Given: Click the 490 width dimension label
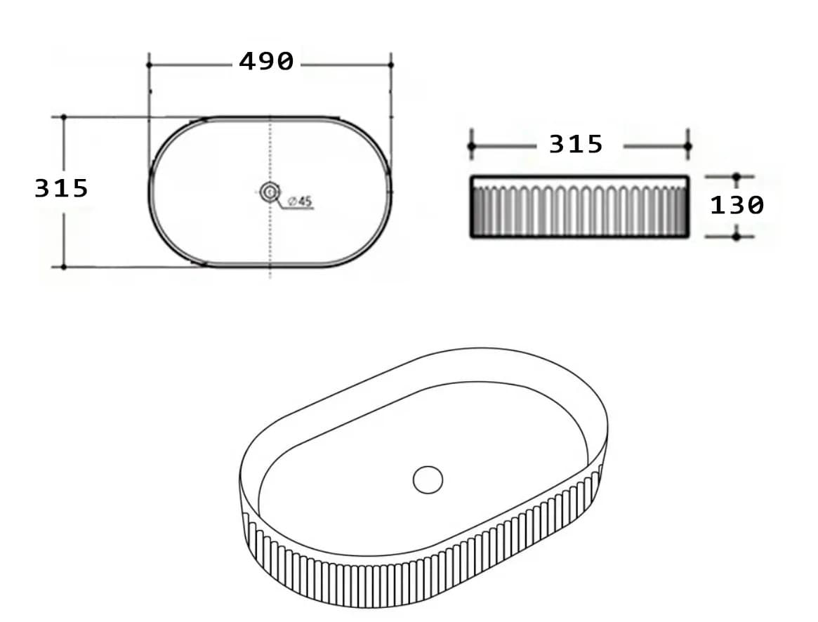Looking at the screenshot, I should point(266,62).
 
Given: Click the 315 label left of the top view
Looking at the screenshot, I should point(62,188).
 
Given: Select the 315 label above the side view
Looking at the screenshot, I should point(575,145).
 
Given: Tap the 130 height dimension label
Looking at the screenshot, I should point(737,206).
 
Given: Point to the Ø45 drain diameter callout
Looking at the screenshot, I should point(300,201).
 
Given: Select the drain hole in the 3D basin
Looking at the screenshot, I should point(428,479).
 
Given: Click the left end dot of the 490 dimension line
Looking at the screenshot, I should point(149,65).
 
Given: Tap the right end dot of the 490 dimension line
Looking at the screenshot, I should point(390,65).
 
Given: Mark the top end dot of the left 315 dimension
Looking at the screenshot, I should point(63,117).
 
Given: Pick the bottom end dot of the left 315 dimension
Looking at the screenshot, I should point(63,267).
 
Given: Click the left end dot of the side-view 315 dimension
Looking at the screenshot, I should point(472,146).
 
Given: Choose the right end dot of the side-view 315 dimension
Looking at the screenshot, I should point(687,146).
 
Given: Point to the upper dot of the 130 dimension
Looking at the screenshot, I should point(736,176).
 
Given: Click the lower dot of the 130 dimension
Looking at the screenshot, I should point(736,237).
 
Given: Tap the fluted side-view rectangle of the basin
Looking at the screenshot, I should point(579,208).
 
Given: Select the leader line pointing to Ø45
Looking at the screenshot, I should point(281,202).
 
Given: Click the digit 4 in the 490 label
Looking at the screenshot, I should point(247,62).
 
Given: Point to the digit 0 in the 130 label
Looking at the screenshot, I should point(755,206).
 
